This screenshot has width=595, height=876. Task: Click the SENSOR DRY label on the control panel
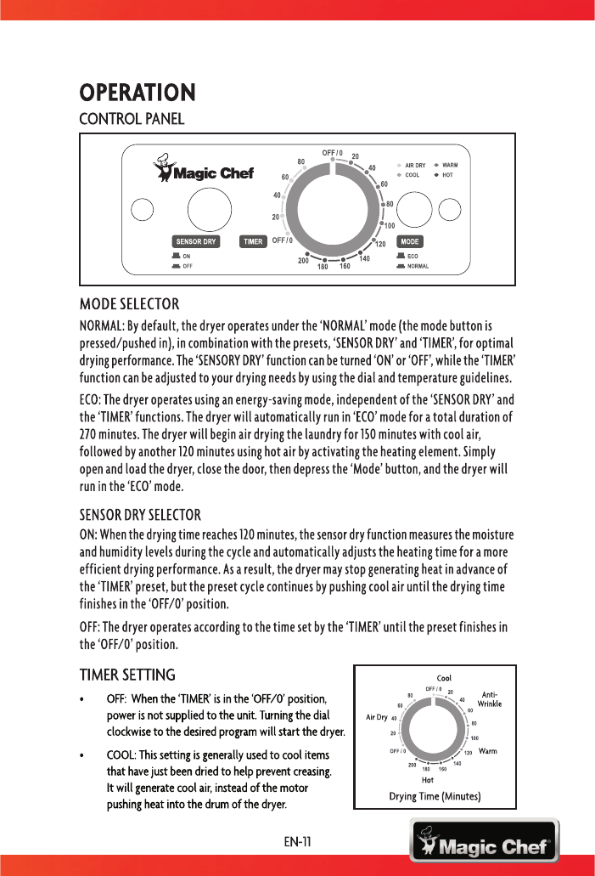tap(196, 241)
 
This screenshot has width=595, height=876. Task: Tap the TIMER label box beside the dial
tap(253, 241)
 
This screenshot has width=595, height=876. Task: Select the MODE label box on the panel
tap(411, 241)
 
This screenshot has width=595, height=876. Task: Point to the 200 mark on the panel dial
tap(303, 261)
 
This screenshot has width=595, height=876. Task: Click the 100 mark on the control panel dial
tap(390, 226)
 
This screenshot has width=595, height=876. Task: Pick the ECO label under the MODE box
tap(413, 256)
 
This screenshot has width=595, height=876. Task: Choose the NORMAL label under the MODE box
tap(418, 266)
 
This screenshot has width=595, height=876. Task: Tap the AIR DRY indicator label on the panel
tap(415, 165)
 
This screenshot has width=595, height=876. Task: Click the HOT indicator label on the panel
tap(447, 175)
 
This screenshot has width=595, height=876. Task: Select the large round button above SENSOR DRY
tap(208, 207)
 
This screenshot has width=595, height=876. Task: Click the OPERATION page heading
tap(138, 91)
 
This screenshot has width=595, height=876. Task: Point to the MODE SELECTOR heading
tap(129, 303)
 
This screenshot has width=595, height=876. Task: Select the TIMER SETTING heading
tap(127, 675)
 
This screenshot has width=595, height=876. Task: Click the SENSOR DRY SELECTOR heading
tap(140, 515)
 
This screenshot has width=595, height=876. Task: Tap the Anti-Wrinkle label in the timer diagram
tap(489, 698)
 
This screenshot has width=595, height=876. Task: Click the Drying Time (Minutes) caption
tap(435, 796)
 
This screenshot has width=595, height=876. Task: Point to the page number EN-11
tap(297, 842)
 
